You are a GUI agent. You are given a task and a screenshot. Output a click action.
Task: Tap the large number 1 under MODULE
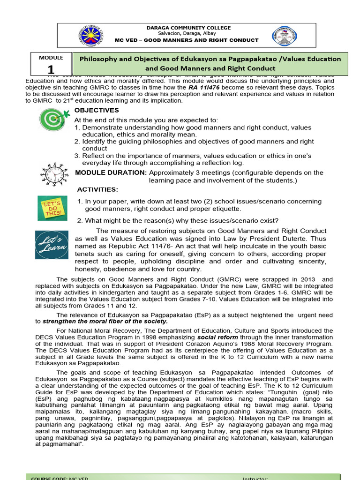coord(50,70)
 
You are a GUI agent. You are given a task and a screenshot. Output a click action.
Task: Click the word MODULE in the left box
coord(51,58)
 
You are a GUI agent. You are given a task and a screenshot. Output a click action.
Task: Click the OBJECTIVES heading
coord(97,110)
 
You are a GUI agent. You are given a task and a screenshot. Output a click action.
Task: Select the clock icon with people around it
coord(54,174)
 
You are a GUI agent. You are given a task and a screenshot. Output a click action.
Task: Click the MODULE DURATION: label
coord(111,172)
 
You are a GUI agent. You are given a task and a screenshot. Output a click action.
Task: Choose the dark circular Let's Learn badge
coord(52,245)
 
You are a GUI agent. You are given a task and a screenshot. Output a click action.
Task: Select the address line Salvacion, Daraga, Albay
coord(187,34)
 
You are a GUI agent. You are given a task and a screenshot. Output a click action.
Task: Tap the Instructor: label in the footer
coord(255,478)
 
